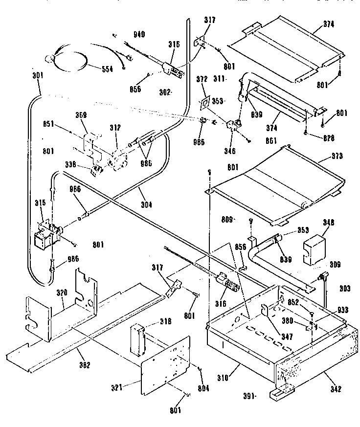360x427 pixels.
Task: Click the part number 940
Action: coord(139,35)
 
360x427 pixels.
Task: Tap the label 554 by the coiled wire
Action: coord(106,69)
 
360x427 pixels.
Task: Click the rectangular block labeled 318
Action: coord(138,338)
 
